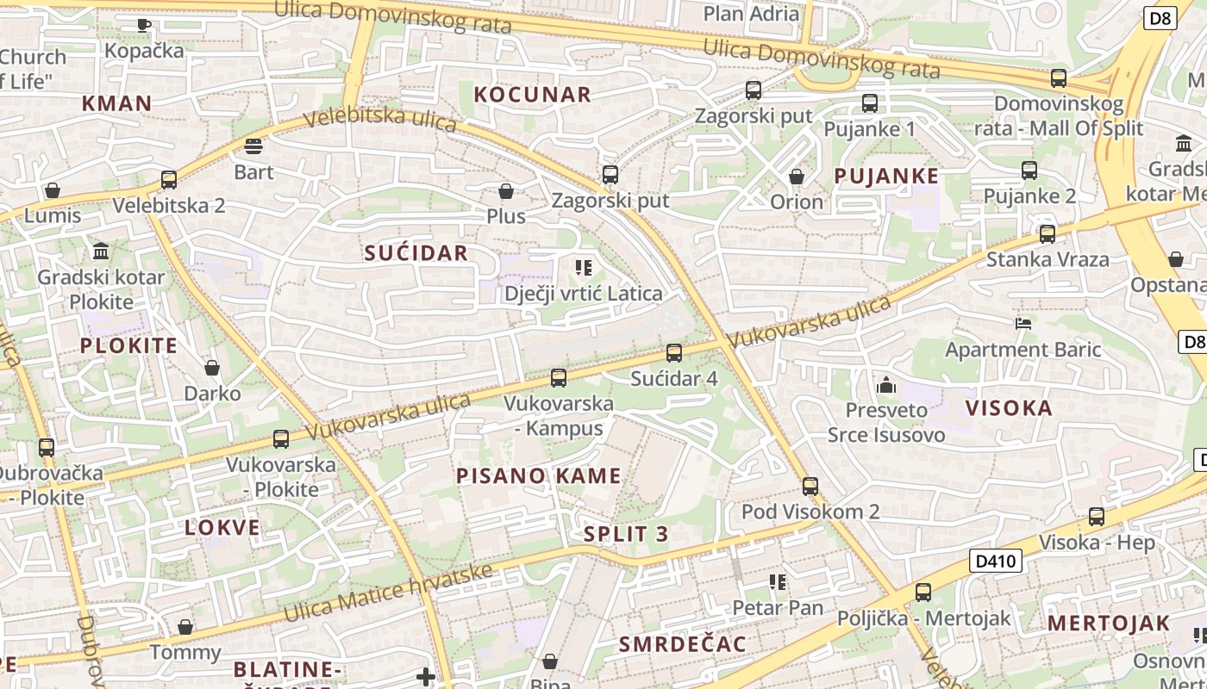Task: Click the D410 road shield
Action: tap(996, 562)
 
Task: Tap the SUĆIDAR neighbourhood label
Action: tap(416, 252)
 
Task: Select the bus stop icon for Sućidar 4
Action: tap(674, 353)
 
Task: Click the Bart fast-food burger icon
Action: tap(253, 146)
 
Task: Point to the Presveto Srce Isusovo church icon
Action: tap(886, 385)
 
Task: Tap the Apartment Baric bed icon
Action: tap(1023, 324)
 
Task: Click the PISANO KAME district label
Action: tap(538, 475)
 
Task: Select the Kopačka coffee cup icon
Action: tap(144, 25)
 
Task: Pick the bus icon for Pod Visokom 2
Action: tap(810, 487)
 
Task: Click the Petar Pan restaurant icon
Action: tap(778, 583)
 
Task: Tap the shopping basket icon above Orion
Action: tap(797, 177)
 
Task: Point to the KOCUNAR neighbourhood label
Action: tap(533, 95)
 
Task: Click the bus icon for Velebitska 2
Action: tap(169, 180)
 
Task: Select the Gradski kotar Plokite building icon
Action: tap(101, 251)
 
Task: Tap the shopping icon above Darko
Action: tap(212, 369)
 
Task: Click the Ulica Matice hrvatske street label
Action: tap(388, 593)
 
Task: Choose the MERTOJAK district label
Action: tap(1109, 623)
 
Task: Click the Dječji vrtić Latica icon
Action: tap(584, 268)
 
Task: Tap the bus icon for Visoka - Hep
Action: tap(1096, 517)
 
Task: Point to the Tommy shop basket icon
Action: tap(185, 627)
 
